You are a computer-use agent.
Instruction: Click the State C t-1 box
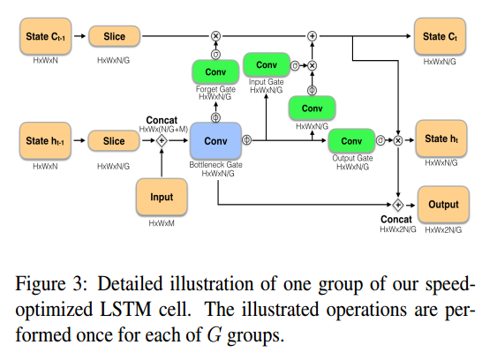(44, 36)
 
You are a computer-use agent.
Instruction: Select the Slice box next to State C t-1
(113, 36)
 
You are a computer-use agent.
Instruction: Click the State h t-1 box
(44, 140)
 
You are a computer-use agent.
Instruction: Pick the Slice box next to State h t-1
(113, 140)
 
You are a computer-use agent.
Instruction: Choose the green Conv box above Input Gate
(266, 64)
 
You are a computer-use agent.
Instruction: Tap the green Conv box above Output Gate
(351, 140)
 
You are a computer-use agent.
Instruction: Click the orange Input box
(162, 199)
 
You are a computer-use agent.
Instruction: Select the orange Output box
(443, 205)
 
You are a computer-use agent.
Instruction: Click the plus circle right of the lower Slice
(162, 140)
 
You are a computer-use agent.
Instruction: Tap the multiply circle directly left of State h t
(398, 140)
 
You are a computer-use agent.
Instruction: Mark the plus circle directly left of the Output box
(398, 205)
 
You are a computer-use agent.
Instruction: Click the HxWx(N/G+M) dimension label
(162, 129)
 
